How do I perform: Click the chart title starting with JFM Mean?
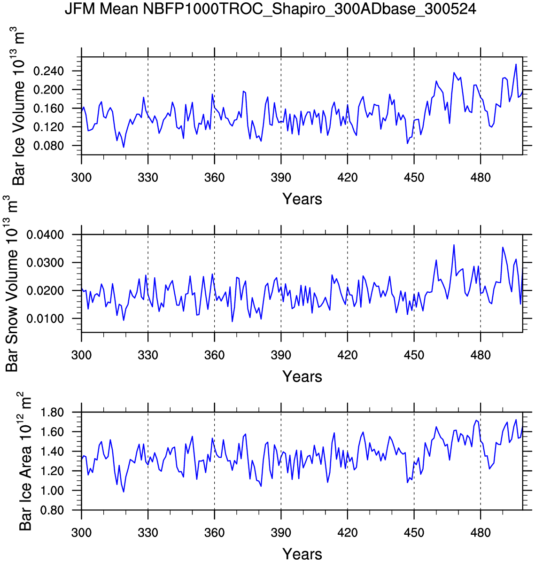270,9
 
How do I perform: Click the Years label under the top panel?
302,199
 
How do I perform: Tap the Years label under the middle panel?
302,376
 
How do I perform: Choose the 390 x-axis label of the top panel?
281,178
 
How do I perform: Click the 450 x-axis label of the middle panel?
414,355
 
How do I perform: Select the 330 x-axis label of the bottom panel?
148,533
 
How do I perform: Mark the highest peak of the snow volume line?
454,245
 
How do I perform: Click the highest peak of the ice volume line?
516,64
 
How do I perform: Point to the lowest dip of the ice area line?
124,492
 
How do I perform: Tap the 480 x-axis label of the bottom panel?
481,533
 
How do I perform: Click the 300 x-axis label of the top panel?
81,178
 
